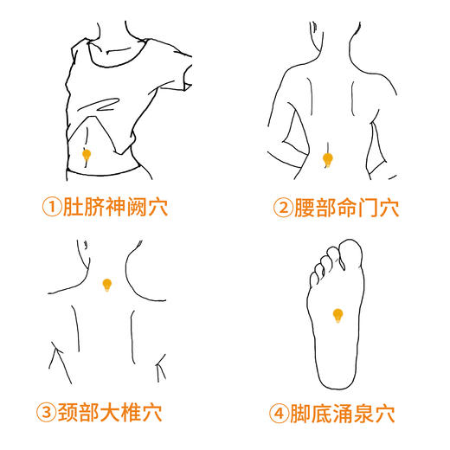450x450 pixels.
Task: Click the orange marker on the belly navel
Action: [86, 155]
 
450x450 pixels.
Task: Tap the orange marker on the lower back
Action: [328, 159]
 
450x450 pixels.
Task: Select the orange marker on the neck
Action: [107, 284]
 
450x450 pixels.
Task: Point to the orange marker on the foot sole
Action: [338, 314]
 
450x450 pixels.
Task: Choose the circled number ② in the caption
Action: [282, 208]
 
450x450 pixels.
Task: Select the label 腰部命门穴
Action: [345, 208]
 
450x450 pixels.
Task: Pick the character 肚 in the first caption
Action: [74, 208]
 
